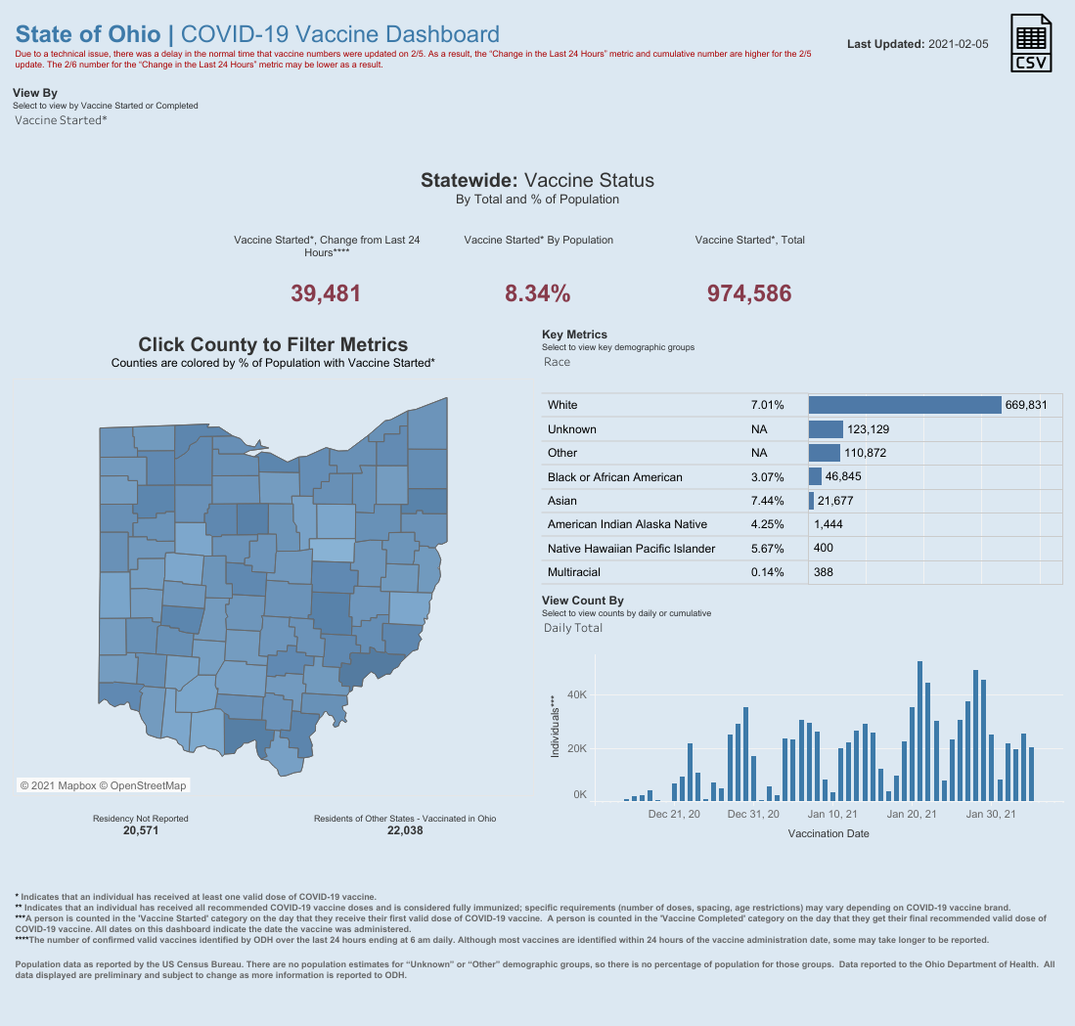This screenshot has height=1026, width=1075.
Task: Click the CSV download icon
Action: tap(1033, 43)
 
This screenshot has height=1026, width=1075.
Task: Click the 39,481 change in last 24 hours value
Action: tap(327, 292)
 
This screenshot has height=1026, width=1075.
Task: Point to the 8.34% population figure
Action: tap(537, 292)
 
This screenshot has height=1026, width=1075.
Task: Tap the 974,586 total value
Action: tap(749, 292)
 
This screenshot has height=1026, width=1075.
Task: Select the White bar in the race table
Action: tap(905, 405)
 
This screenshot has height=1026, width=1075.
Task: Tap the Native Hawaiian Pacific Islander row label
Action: tap(631, 549)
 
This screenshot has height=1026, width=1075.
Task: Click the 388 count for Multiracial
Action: tap(823, 572)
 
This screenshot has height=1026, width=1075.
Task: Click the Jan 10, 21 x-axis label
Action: tap(832, 814)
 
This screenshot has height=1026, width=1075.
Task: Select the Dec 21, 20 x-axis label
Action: tap(674, 814)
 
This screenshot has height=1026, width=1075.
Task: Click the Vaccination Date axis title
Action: tap(829, 834)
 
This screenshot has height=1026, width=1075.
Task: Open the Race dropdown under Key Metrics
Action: tap(558, 362)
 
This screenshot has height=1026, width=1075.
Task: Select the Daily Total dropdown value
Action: tap(573, 628)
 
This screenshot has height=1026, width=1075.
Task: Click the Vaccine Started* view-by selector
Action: tap(62, 120)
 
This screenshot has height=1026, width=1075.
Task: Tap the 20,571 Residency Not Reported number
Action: tap(140, 830)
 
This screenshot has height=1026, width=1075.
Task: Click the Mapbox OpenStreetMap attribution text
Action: tap(103, 785)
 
